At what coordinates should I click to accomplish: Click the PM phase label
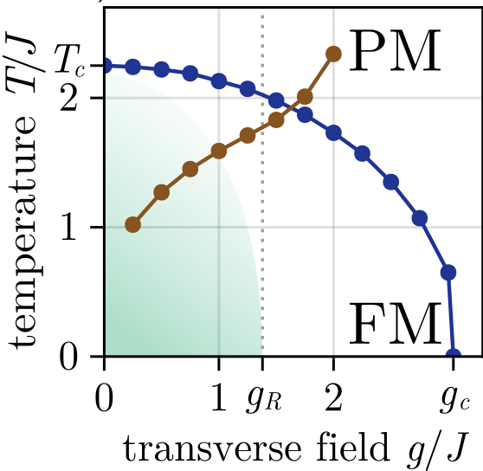395,50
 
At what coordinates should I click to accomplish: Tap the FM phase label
395,323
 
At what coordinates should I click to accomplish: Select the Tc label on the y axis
70,61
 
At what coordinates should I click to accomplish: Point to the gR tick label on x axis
264,401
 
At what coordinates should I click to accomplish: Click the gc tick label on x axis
455,401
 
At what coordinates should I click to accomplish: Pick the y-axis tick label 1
68,227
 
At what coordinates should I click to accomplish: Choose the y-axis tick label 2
68,97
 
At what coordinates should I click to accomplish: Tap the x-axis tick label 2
333,397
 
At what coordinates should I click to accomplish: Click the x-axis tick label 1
219,397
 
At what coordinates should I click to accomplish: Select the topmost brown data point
333,55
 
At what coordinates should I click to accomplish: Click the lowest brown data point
132,224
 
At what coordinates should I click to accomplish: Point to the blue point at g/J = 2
333,133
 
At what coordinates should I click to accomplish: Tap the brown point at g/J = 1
219,151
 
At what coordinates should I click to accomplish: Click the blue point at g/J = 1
219,81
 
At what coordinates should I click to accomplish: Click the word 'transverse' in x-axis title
212,448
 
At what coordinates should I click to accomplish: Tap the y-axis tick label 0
68,358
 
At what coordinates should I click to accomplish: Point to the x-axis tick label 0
104,397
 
